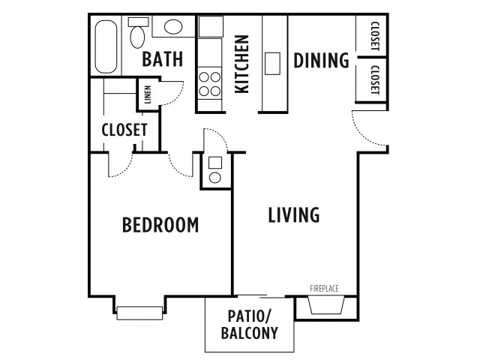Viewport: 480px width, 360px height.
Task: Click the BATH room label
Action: [163, 59]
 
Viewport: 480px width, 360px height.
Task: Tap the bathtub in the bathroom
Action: [106, 46]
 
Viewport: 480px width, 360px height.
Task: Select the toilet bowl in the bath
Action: [137, 37]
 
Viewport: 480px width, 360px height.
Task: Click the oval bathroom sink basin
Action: [173, 27]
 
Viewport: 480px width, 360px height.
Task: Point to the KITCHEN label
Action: [241, 64]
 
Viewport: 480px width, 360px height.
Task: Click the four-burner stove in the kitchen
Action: [210, 82]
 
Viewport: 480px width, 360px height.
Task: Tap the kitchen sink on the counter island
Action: [272, 63]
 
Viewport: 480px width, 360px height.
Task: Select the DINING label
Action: [322, 60]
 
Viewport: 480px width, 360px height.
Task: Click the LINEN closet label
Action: [148, 94]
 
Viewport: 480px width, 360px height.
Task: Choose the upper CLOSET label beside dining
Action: [375, 36]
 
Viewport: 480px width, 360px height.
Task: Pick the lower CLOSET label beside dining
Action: [375, 80]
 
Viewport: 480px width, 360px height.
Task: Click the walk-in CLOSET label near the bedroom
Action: [124, 130]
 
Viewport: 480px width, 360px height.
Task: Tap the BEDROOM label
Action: [160, 225]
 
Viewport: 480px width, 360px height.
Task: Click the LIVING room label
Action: [294, 215]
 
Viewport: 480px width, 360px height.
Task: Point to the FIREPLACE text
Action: [324, 288]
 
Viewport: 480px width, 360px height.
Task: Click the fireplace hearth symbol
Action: [326, 305]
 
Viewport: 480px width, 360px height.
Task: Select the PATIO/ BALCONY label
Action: [250, 325]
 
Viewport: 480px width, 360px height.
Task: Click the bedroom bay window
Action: [139, 313]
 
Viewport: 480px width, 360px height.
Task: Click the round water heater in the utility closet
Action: [215, 178]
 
